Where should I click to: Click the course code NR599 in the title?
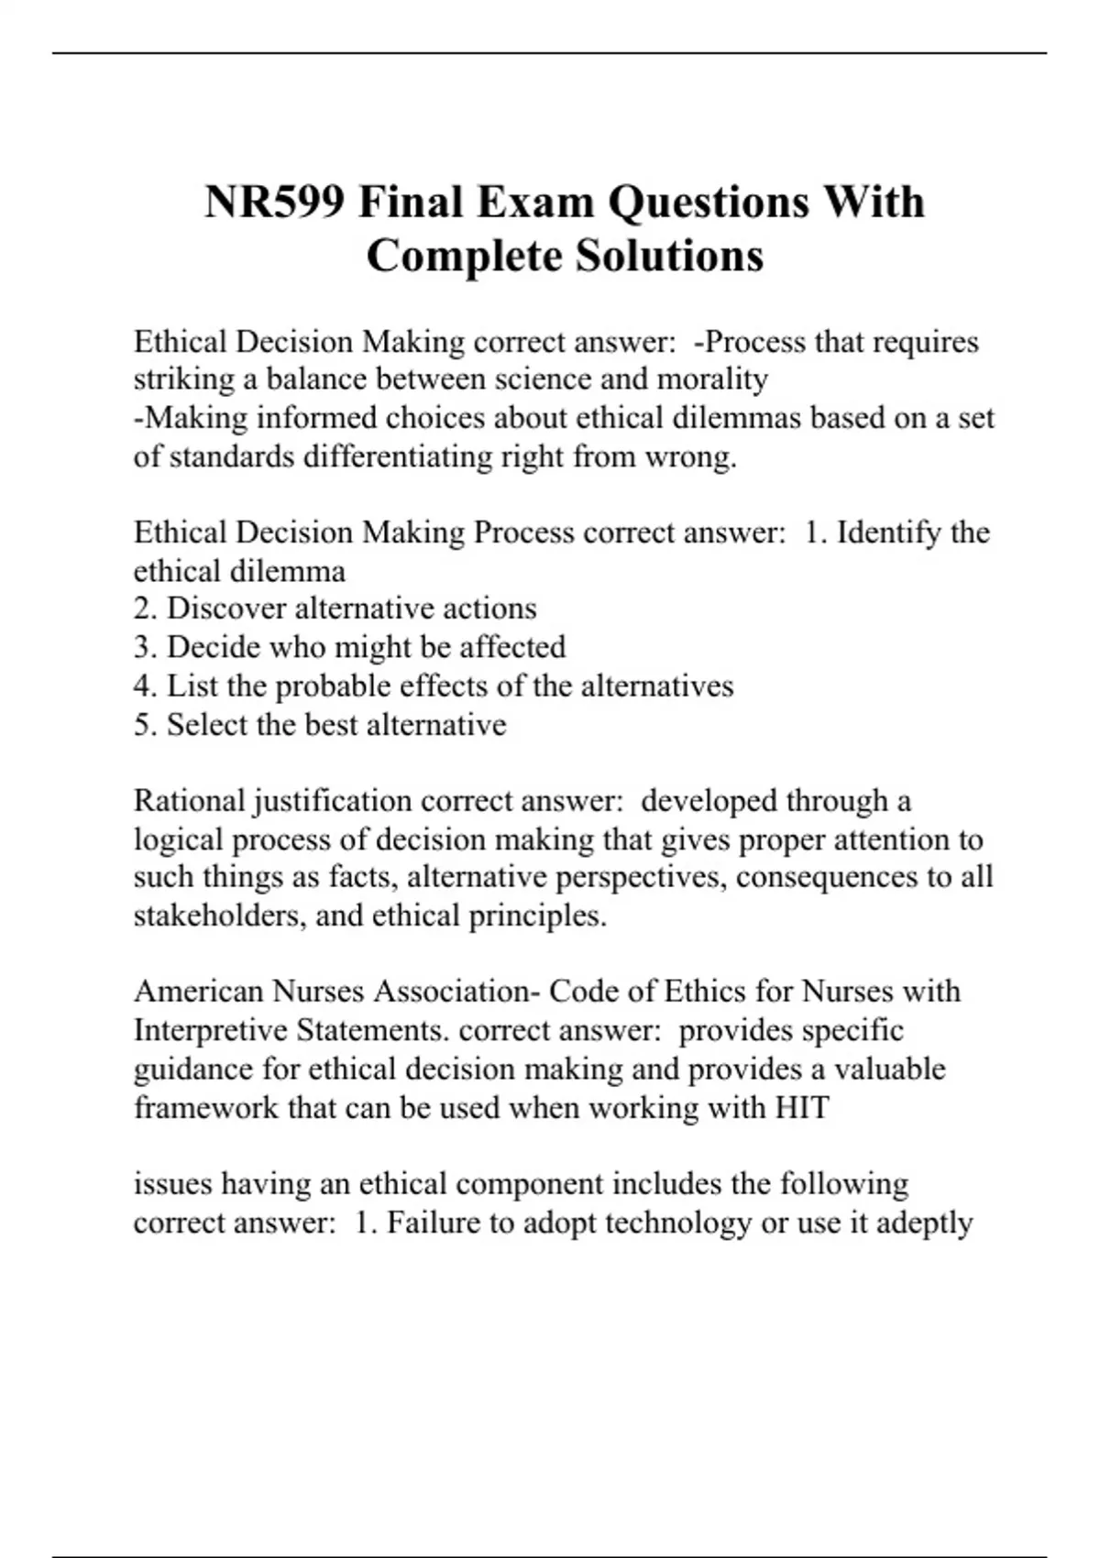tap(274, 202)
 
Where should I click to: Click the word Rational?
tap(189, 801)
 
